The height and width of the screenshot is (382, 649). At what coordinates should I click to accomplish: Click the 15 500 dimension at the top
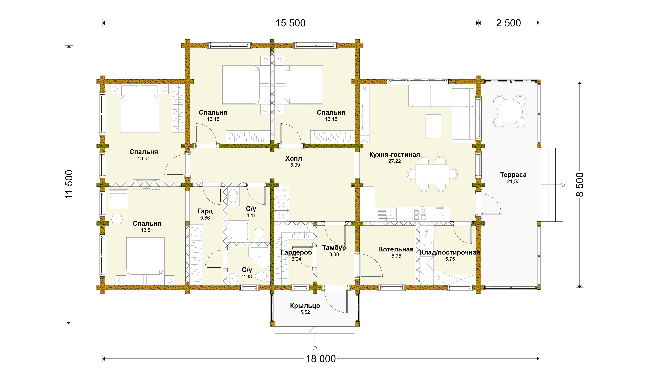(x=291, y=23)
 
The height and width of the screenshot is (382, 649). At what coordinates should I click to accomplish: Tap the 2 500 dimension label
(x=508, y=23)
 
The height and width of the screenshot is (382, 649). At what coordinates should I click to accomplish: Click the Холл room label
(x=294, y=158)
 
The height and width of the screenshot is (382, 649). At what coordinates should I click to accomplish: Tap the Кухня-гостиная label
(x=394, y=155)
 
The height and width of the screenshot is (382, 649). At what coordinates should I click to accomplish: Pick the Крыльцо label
(x=305, y=305)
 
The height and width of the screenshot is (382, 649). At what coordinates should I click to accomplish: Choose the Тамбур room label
(x=334, y=248)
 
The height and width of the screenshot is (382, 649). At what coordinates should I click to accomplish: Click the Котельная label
(x=396, y=249)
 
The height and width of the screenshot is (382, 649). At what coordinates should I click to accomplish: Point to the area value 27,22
(x=394, y=161)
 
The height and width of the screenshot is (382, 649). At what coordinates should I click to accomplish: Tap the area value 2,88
(x=247, y=276)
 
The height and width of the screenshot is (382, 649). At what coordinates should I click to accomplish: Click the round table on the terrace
(x=510, y=111)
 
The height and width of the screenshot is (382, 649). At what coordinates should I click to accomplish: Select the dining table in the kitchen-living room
(x=432, y=174)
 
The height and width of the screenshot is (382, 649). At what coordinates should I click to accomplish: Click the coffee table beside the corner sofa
(x=433, y=127)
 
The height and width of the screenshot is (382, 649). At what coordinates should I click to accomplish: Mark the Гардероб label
(x=296, y=252)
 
